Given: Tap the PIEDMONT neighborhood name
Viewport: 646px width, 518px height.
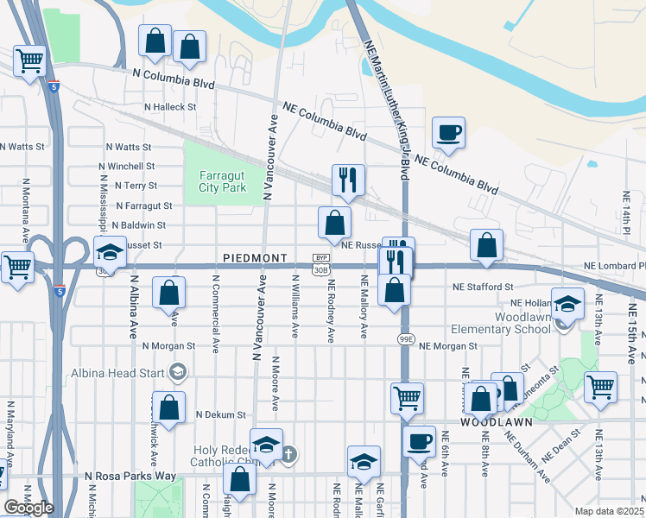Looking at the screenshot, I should click(x=255, y=258).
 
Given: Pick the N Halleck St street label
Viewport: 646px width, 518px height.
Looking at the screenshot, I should click(x=170, y=107).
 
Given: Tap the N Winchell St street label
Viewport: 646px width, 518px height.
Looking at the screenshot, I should click(x=126, y=166).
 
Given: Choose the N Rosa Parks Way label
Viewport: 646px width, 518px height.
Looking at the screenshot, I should click(x=130, y=476).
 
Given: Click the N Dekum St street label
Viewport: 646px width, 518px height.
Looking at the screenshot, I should click(x=220, y=414).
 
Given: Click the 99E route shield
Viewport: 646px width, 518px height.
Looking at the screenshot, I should click(x=406, y=339).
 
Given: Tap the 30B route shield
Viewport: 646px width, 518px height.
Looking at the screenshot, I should click(x=321, y=269).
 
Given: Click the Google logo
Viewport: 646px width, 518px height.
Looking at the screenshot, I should click(x=28, y=508).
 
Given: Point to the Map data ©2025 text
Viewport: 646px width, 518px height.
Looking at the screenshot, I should click(x=610, y=511).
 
